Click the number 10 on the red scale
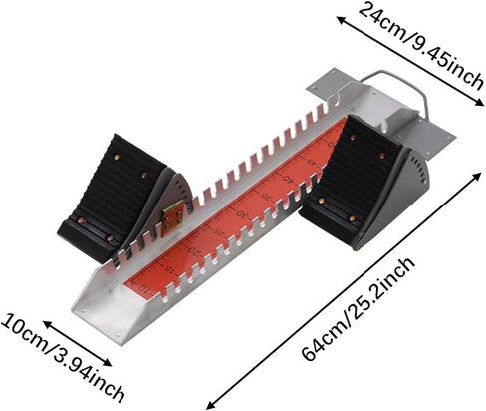coord(144,288)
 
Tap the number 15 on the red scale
coord(169,268)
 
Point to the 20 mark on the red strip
coord(195,250)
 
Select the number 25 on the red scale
coord(219,231)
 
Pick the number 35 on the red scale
coord(266,197)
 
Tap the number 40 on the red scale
coord(288,180)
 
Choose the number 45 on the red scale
coord(310,162)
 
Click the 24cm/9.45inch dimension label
coord(420,45)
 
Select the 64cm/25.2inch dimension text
coord(359,309)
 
